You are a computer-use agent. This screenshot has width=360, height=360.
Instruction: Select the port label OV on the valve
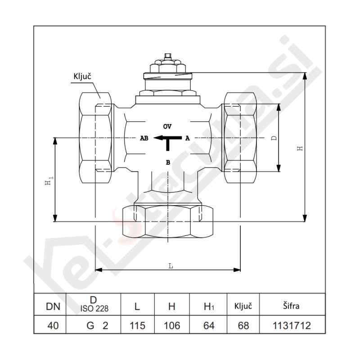(167, 125)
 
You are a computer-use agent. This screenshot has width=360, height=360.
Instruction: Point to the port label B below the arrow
(168, 162)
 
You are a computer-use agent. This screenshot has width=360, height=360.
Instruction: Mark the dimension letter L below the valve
(171, 266)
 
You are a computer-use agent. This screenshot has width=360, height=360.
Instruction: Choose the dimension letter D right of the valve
(274, 138)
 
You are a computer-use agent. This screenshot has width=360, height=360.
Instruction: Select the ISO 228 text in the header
(94, 309)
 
